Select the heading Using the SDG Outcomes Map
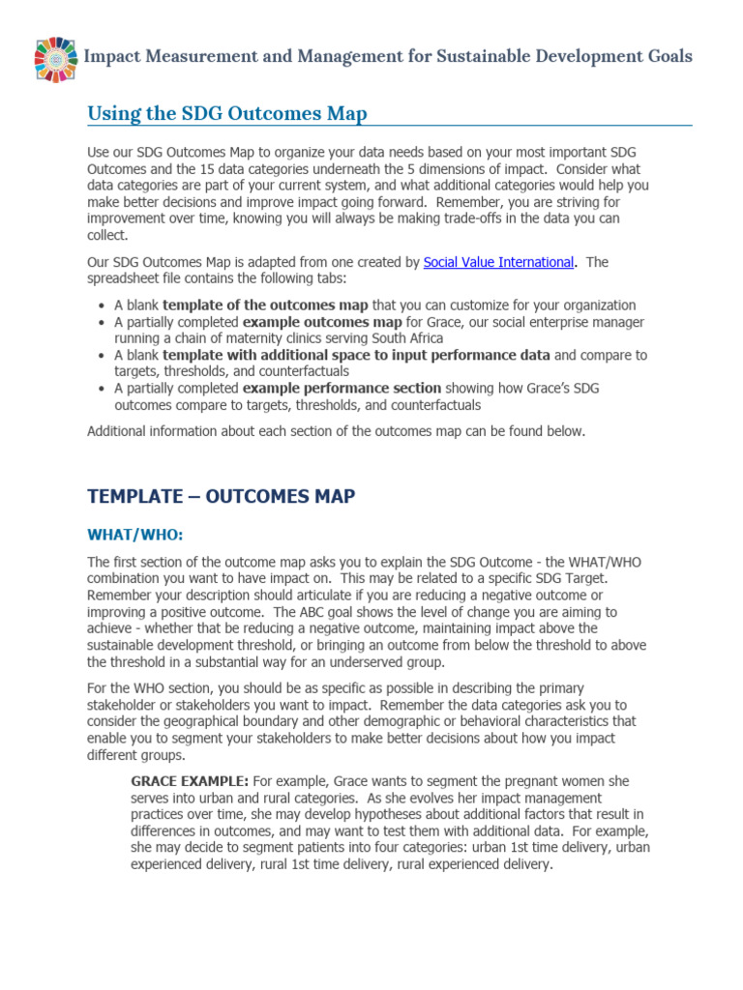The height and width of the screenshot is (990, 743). [x=227, y=114]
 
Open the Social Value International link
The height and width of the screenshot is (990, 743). [x=498, y=262]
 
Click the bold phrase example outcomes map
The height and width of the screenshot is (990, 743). [x=311, y=322]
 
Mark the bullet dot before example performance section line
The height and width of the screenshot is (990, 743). [x=104, y=389]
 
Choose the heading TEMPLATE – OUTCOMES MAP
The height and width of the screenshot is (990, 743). [x=222, y=497]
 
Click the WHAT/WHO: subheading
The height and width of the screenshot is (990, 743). [x=135, y=535]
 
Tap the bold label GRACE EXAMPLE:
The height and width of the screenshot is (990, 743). [x=190, y=781]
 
